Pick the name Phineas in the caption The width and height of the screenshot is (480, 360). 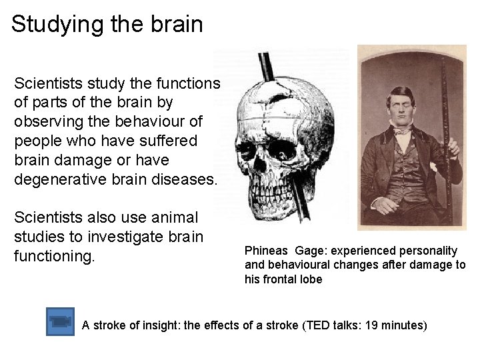tap(265, 251)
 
